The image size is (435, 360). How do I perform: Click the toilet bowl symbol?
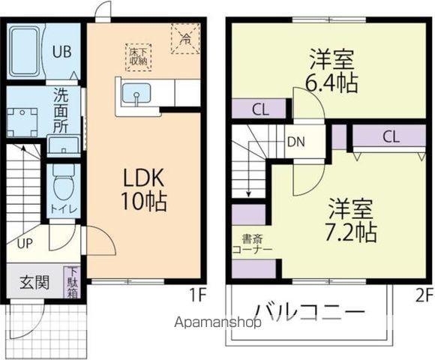pos(62,181)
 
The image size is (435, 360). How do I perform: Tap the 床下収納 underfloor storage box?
pos(139,57)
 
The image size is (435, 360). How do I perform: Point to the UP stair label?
pos(25,243)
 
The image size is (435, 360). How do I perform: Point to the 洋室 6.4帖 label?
pos(332,70)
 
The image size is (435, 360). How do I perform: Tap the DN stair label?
pos(295,141)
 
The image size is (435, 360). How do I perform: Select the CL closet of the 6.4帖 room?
pos(259,109)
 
